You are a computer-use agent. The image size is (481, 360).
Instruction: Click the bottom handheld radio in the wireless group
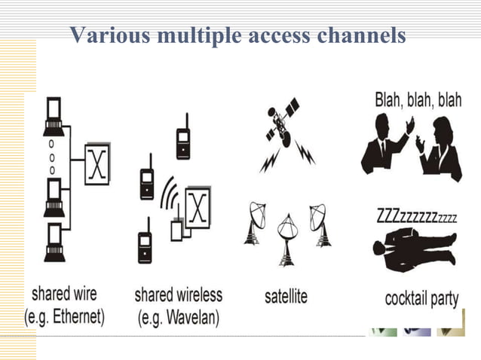(x=145, y=246)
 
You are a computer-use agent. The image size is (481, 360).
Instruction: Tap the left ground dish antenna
(x=253, y=223)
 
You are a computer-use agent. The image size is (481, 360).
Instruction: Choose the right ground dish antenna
(x=320, y=223)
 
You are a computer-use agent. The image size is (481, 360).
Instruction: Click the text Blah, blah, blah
(x=418, y=101)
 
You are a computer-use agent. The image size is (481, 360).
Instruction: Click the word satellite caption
(x=286, y=297)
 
